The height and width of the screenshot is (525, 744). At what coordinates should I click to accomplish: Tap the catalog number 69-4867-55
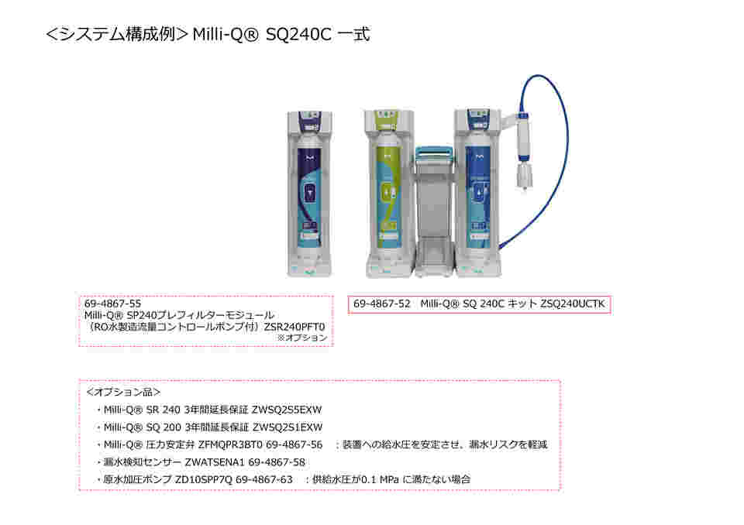pos(112,304)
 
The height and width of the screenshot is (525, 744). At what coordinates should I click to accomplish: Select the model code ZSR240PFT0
pos(295,327)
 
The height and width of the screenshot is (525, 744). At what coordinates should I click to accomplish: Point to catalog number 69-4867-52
pos(381,304)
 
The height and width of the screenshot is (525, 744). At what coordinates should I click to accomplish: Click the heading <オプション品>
pos(123,393)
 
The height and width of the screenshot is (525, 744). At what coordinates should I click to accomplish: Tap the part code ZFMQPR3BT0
pos(229,444)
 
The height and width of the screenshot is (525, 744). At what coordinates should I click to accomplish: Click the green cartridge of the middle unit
pos(386,186)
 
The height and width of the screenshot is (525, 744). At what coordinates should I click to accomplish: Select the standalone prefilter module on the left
pos(308,194)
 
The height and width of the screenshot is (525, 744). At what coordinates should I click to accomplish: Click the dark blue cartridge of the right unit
pos(475,186)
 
